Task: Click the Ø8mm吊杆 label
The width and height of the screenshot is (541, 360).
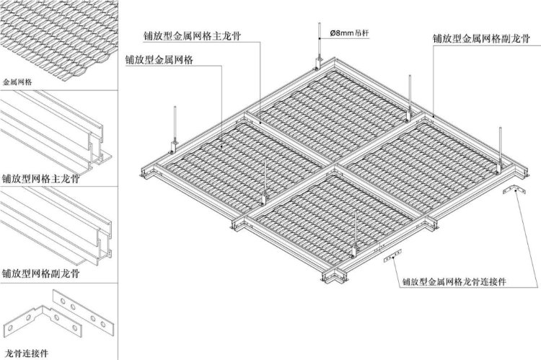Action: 349,33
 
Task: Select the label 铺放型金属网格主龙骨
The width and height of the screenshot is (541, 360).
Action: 192,36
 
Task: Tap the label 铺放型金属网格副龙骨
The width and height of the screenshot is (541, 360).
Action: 481,38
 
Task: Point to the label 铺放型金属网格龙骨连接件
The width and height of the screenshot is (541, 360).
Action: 454,281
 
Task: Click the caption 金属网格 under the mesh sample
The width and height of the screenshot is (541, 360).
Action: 17,82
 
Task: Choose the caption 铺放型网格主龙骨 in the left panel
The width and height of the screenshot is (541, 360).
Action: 40,179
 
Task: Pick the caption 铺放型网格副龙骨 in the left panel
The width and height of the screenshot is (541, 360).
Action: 40,273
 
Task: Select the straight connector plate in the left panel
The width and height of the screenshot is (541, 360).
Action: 83,309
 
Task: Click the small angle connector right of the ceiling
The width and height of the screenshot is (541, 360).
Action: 514,190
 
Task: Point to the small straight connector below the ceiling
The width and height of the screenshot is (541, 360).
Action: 392,255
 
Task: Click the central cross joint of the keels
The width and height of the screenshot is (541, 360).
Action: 334,165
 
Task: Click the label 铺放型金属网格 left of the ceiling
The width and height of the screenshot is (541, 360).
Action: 159,60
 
